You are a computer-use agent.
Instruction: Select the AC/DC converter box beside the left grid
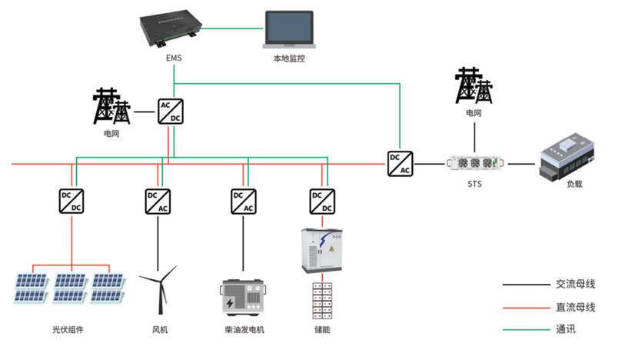pos(170,111)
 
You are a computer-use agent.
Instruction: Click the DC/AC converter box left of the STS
pos(400,163)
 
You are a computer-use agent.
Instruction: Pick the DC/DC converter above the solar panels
pos(72,202)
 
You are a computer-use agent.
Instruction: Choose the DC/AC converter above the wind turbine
pos(158,202)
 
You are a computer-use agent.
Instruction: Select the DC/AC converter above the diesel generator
pos(243,202)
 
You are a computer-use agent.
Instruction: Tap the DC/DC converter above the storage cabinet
pos(322,202)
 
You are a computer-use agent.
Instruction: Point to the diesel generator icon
pos(243,298)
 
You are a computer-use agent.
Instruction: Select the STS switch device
pos(475,164)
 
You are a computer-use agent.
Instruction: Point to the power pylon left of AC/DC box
pos(112,106)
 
